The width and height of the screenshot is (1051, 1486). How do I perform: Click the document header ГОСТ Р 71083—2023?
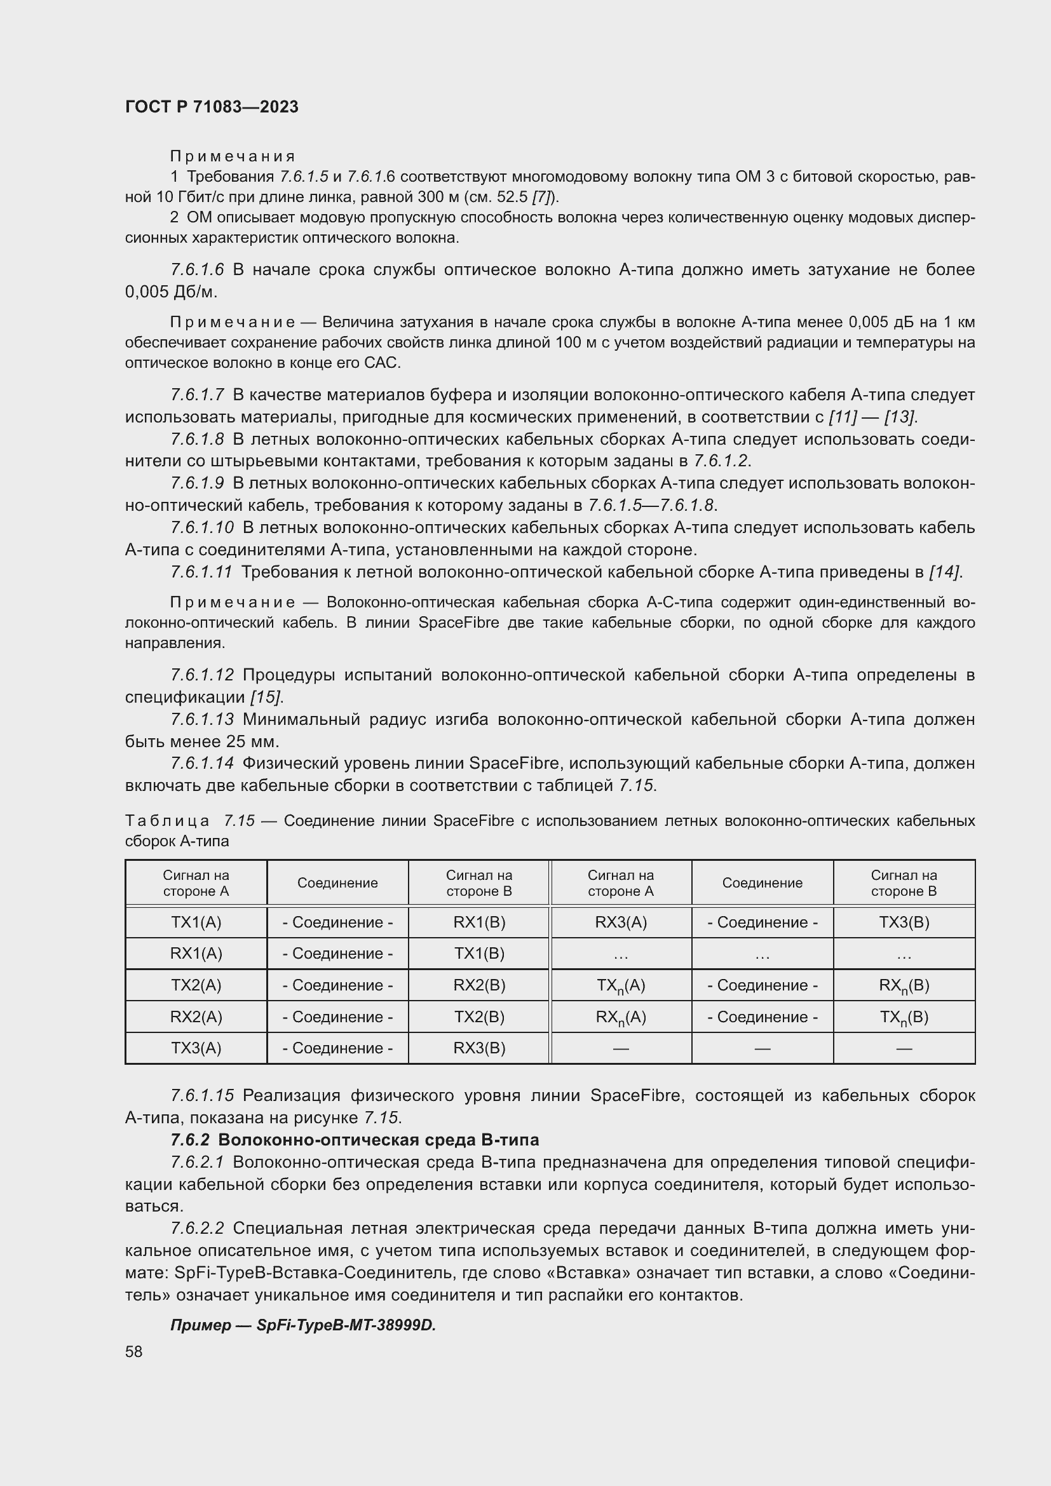coord(212,107)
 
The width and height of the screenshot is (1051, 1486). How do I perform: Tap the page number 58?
coord(134,1351)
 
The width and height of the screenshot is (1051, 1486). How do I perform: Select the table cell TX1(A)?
coord(196,922)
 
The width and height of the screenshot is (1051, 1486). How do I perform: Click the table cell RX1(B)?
coord(479,922)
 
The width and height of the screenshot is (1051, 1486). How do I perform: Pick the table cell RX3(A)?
coord(621,922)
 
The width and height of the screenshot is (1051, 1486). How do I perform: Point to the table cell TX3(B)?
coord(904,922)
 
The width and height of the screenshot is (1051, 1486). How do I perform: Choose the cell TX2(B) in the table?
coord(479,1017)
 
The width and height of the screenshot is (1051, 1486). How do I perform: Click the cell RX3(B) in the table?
coord(479,1048)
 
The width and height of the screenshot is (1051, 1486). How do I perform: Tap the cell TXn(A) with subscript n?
coord(621,986)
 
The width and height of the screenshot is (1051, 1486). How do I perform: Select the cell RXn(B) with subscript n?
coord(904,986)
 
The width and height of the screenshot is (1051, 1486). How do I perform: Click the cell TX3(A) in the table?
coord(196,1048)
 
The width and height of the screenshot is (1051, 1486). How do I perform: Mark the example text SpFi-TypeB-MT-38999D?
coord(346,1325)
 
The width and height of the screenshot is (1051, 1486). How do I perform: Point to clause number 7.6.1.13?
coord(202,719)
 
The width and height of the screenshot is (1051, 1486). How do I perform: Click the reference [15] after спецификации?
coord(267,697)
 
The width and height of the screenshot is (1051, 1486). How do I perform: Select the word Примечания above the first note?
coord(233,156)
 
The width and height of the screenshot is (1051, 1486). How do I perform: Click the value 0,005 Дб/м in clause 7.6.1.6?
coord(170,292)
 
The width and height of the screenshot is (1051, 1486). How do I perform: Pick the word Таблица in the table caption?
coord(167,821)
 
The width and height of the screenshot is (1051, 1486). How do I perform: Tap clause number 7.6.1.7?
coord(198,394)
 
